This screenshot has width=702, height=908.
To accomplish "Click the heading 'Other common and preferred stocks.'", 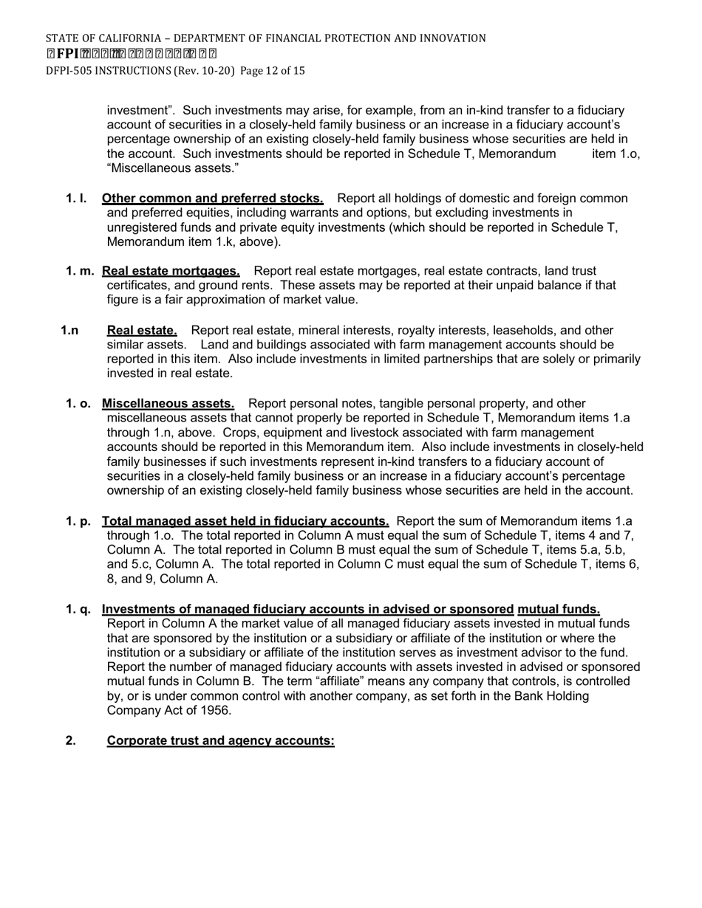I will [x=212, y=199].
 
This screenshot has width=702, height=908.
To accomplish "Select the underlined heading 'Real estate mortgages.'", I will [x=171, y=271].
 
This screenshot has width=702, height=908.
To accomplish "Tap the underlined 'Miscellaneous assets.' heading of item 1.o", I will [x=168, y=403].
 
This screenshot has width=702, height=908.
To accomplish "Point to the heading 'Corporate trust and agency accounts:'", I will [x=220, y=740].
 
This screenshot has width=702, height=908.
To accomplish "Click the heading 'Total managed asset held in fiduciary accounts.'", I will [x=245, y=521].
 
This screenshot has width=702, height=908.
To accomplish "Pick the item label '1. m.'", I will [x=79, y=271].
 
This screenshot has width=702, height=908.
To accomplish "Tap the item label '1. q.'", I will [x=78, y=609].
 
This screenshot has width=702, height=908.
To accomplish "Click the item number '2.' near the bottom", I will [x=70, y=740].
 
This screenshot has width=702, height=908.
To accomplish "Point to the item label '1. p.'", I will [x=78, y=521].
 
